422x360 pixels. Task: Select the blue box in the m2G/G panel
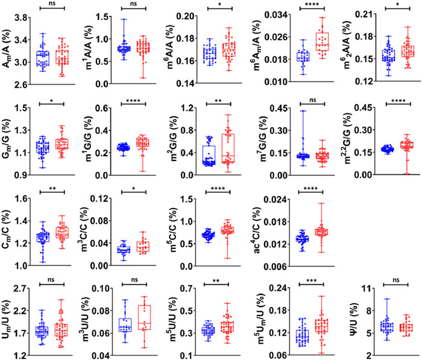[x=209, y=155]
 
